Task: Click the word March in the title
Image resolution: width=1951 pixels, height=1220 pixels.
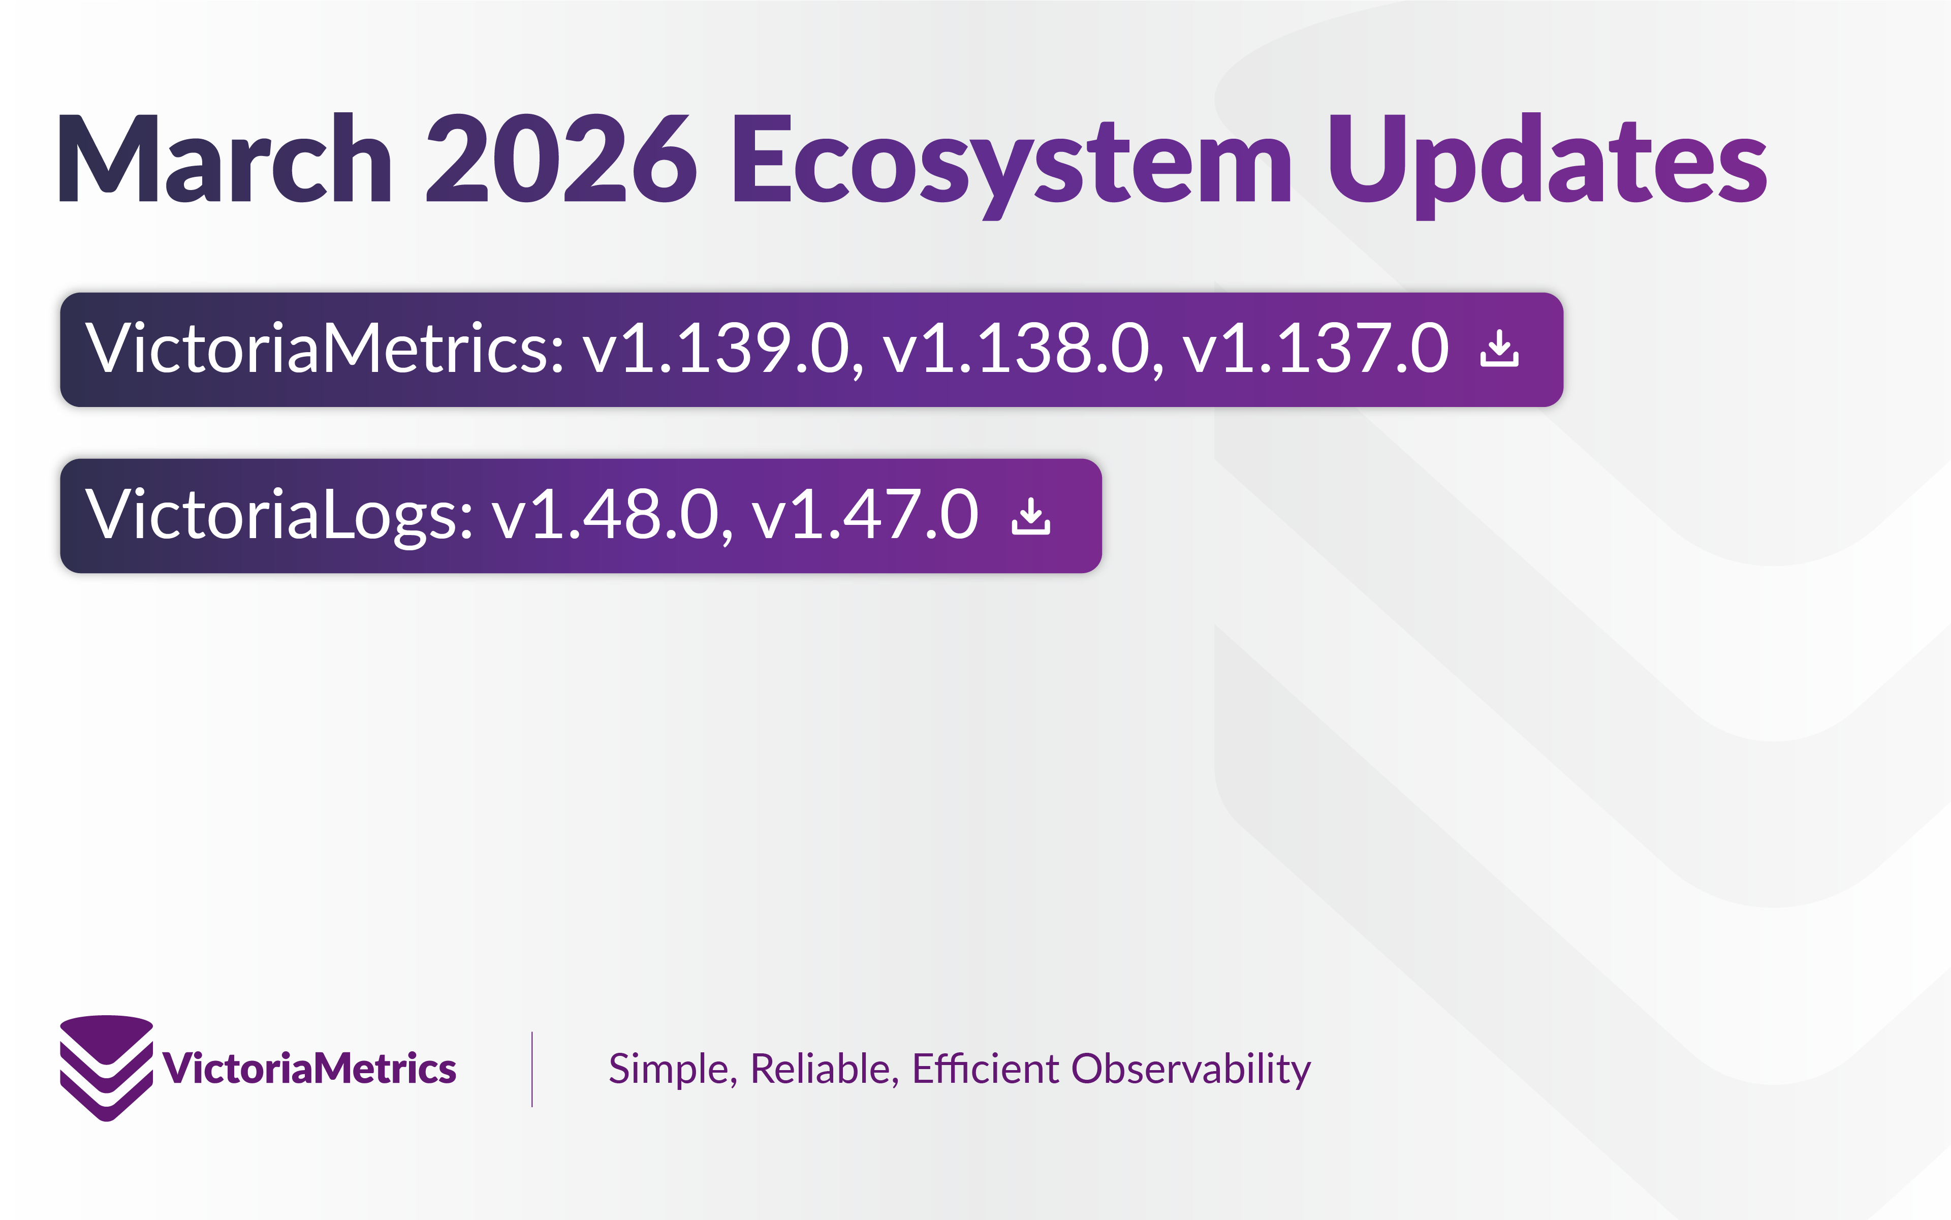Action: point(224,159)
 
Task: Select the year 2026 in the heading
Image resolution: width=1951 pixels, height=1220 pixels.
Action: point(561,159)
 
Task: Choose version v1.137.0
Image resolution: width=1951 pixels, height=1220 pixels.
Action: point(1316,349)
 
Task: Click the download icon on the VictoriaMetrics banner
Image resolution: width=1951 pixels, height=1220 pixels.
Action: point(1499,349)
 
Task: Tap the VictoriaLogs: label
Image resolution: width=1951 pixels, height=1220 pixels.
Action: point(279,515)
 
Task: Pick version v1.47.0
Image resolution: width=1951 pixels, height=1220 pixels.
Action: point(864,515)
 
